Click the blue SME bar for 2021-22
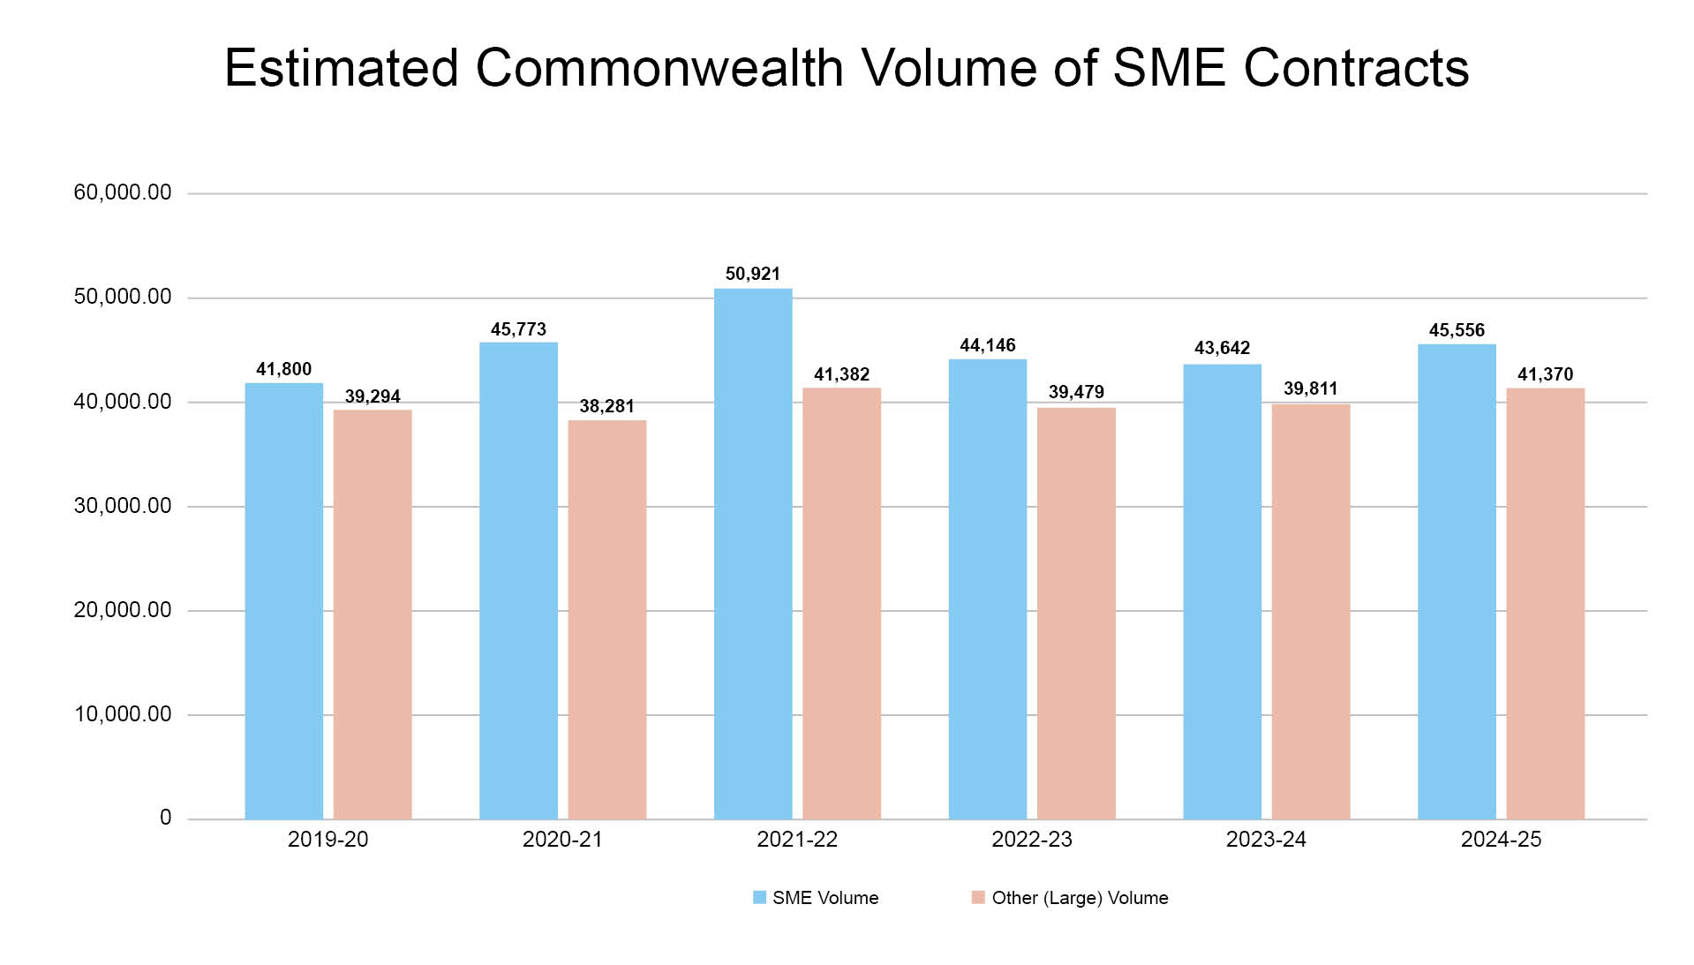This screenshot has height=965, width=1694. click(x=752, y=554)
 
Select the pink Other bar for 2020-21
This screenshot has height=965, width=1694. click(x=606, y=619)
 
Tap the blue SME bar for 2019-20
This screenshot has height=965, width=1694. click(x=283, y=600)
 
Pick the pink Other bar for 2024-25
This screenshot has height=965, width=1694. click(x=1545, y=603)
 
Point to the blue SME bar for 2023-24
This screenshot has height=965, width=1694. click(x=1222, y=592)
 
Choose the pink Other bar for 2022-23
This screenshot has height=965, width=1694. click(x=1076, y=613)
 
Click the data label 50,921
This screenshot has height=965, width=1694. click(x=752, y=274)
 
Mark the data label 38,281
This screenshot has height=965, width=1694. click(x=606, y=406)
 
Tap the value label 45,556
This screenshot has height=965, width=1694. click(x=1457, y=330)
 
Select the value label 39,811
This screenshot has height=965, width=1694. click(x=1310, y=388)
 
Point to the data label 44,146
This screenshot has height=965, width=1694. click(x=987, y=345)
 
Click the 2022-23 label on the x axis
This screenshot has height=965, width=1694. click(x=1031, y=839)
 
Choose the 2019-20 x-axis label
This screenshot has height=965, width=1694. click(x=328, y=839)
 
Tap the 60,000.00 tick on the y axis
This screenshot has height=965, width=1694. click(x=123, y=192)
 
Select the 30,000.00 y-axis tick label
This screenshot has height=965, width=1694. click(x=123, y=506)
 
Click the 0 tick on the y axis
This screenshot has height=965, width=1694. click(x=165, y=818)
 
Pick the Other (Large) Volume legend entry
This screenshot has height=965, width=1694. click(x=1070, y=898)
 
